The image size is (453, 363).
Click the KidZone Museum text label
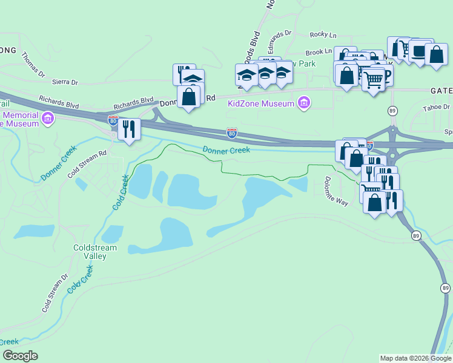[260, 103]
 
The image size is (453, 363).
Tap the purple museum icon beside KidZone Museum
[304, 103]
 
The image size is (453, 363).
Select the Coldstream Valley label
[90, 252]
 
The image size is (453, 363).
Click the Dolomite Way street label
[335, 191]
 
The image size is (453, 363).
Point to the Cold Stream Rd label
[87, 163]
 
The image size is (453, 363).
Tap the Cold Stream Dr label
[55, 293]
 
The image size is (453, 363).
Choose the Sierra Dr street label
[66, 82]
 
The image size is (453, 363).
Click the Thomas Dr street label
[33, 65]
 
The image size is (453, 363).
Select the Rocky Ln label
[322, 35]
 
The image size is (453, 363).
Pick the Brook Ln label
[319, 53]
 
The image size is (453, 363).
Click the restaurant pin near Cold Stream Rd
[129, 129]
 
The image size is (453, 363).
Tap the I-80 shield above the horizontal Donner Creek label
[231, 131]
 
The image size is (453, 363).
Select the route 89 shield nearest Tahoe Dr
[393, 110]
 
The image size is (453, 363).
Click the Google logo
[20, 356]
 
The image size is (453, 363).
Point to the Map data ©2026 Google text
[415, 358]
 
